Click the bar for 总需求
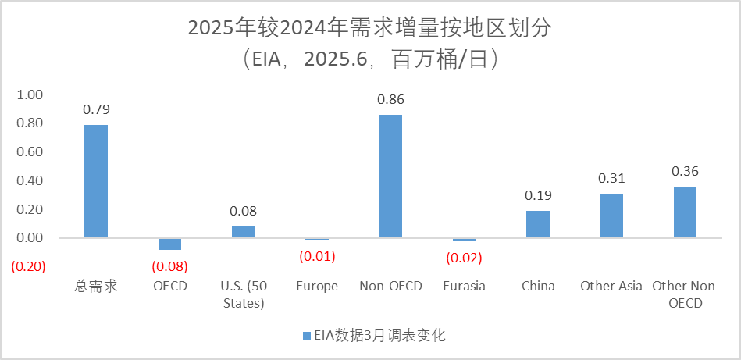click(x=96, y=181)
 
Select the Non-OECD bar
click(x=390, y=176)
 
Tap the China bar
click(x=537, y=224)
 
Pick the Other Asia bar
click(x=611, y=216)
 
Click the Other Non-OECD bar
click(x=685, y=212)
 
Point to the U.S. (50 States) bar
click(x=244, y=232)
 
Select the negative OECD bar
click(x=169, y=244)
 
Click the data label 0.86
click(x=390, y=100)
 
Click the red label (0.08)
click(x=169, y=266)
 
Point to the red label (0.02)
click(x=464, y=257)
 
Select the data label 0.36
click(x=685, y=171)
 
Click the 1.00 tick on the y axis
click(x=30, y=94)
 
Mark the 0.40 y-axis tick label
click(x=30, y=180)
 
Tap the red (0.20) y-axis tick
click(x=28, y=266)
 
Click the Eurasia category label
click(x=464, y=286)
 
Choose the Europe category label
click(x=317, y=286)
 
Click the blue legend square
click(x=306, y=337)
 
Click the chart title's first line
click(x=370, y=28)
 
